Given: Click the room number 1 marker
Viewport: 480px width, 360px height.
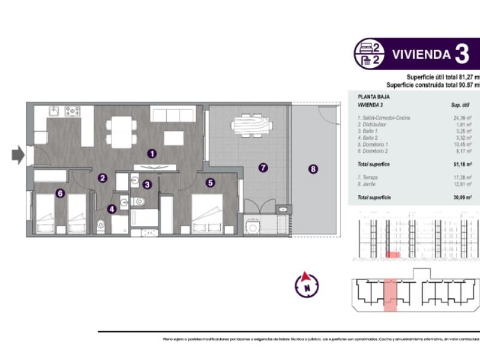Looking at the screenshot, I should [152, 154].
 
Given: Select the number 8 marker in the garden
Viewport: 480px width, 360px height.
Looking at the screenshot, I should [313, 169].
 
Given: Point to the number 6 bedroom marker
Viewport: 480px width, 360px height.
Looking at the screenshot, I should [59, 193].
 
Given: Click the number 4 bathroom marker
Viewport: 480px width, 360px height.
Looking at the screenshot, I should [112, 209].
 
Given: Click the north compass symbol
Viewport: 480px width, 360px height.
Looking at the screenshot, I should [307, 283].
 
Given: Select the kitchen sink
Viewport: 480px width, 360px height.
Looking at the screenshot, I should [53, 111].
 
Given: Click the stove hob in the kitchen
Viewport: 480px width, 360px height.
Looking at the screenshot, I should [73, 111].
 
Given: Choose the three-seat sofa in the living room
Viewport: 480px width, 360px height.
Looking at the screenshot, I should [169, 114].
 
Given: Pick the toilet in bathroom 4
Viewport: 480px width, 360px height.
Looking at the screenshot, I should [101, 225].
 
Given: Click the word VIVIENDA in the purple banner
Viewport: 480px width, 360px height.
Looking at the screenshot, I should [421, 54].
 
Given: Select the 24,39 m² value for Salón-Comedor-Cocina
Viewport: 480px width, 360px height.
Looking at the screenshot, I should [462, 118].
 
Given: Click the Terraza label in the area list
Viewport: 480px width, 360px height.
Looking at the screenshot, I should [368, 179].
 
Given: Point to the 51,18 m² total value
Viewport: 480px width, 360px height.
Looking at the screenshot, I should [462, 164].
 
